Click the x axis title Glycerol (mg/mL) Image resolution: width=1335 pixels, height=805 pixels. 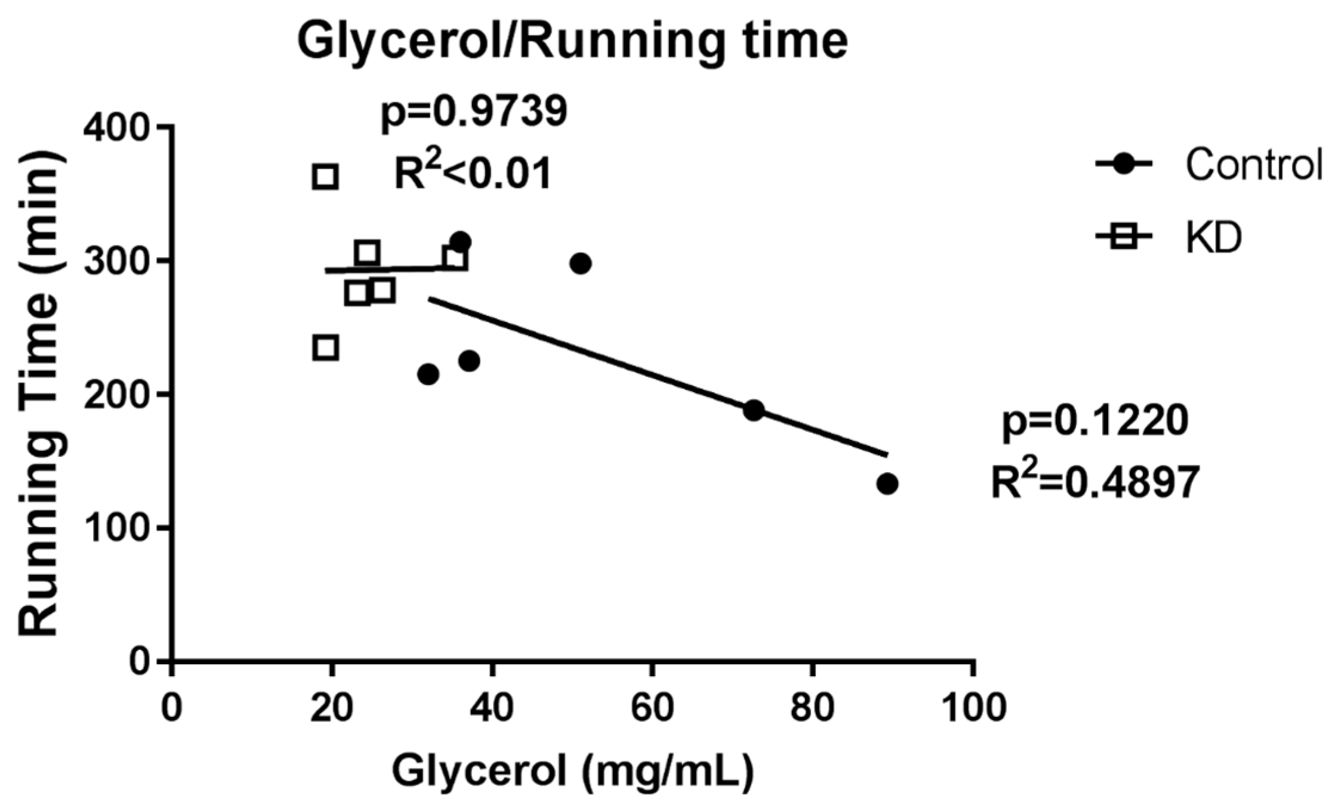[572, 772]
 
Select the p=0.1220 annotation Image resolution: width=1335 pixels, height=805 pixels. [1094, 422]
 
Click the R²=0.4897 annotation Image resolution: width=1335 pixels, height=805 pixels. [1094, 482]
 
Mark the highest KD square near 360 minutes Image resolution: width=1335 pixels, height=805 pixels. [325, 177]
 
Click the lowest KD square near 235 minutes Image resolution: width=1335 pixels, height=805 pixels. [326, 348]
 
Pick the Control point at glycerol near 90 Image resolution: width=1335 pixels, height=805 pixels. [887, 484]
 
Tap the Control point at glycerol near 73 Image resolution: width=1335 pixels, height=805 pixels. [754, 410]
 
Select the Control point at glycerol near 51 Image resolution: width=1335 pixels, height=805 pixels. [580, 263]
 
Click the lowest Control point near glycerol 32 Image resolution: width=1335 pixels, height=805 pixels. [428, 374]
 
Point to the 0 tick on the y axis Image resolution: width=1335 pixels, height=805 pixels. [141, 661]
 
